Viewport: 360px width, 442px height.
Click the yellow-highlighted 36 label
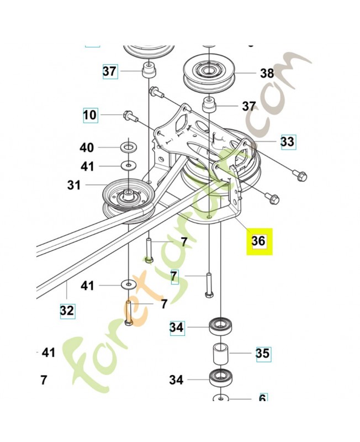[258, 240]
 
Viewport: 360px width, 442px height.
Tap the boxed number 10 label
[90, 115]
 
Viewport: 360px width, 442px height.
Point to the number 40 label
[87, 148]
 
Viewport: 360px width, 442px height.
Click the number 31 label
[75, 185]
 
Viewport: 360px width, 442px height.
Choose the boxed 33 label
[287, 141]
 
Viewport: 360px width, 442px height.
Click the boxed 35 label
[263, 353]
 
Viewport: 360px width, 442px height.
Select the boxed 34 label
[177, 328]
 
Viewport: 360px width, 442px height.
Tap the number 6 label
[263, 398]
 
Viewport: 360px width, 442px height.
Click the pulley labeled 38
[210, 72]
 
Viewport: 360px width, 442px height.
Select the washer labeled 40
[129, 148]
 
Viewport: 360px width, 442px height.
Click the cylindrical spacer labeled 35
[220, 353]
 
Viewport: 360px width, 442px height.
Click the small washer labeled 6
[220, 398]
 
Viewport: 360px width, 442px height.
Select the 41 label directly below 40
[87, 166]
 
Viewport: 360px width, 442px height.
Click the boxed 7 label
[174, 275]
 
